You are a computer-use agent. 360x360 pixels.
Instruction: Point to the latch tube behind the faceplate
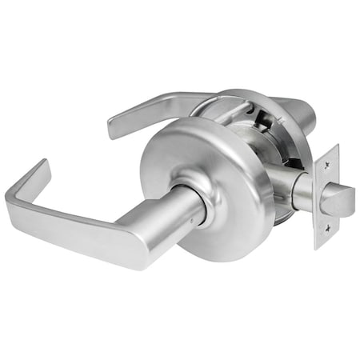[300, 192]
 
